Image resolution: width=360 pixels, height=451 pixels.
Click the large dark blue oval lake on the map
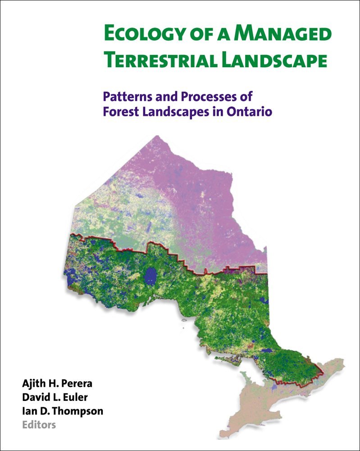[x=150, y=274]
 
